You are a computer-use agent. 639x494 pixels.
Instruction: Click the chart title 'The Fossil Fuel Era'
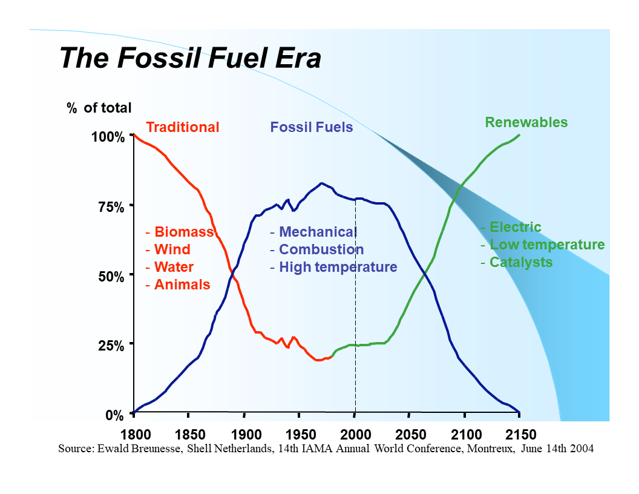click(x=190, y=59)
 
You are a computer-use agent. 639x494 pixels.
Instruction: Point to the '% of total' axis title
click(x=99, y=108)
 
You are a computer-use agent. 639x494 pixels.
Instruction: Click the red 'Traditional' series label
click(x=183, y=127)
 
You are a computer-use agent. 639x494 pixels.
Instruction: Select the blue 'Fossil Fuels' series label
click(x=312, y=128)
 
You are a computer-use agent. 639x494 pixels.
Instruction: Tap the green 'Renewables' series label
click(x=526, y=122)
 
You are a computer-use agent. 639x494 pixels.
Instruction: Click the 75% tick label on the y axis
click(x=111, y=206)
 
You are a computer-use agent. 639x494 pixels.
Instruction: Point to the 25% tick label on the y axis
click(x=111, y=346)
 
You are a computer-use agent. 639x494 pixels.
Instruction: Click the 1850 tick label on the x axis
click(x=189, y=434)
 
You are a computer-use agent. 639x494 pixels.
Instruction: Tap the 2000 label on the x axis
click(x=355, y=434)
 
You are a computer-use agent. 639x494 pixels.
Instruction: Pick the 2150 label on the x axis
click(x=520, y=434)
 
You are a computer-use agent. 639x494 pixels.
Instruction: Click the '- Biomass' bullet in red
click(x=180, y=232)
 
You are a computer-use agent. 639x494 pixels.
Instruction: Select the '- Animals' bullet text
click(x=178, y=285)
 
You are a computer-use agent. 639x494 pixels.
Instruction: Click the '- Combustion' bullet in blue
click(x=316, y=249)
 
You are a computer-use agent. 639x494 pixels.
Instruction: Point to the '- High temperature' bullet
click(x=333, y=267)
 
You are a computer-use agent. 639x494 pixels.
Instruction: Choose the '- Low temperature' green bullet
click(x=542, y=245)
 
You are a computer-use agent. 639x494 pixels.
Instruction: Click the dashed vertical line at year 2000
click(x=355, y=303)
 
